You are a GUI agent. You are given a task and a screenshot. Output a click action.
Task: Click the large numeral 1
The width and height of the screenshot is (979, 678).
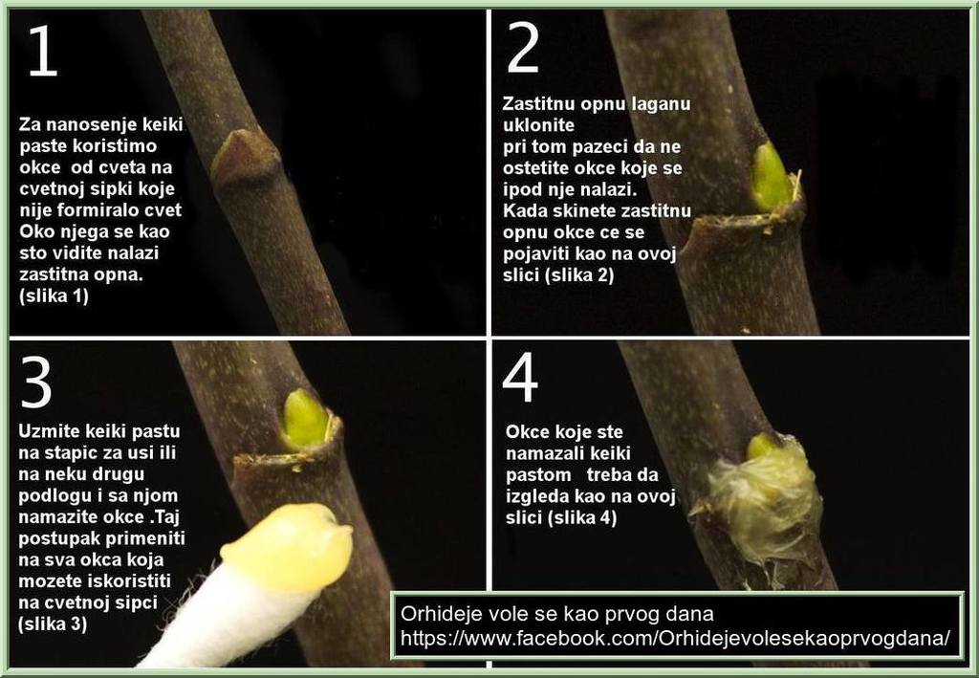coord(42,51)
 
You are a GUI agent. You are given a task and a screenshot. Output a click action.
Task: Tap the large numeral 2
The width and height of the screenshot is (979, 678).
coord(523,47)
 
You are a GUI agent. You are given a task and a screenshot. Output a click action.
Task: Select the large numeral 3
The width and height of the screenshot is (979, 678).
coord(35,382)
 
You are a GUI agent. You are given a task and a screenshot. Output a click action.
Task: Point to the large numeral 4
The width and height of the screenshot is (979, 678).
coord(520,377)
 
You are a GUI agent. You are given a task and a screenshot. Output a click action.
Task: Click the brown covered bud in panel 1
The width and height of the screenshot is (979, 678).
coord(246,159)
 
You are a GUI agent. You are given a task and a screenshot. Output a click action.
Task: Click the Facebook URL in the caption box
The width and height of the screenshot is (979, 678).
coord(675,638)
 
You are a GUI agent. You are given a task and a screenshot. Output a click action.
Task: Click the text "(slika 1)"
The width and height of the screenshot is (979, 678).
coord(54,295)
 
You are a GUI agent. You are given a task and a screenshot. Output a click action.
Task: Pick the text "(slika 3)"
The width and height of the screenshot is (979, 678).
coord(53,623)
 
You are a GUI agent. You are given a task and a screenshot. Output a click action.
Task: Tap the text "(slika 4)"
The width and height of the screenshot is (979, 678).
coord(582,517)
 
